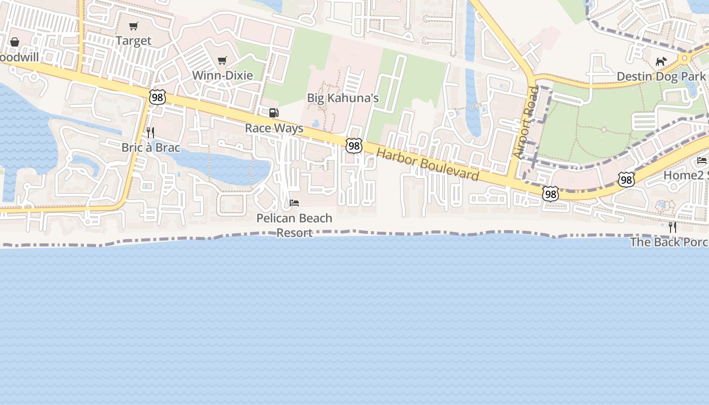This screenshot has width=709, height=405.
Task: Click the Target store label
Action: click(x=134, y=40)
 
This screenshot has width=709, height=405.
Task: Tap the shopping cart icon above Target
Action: click(x=134, y=26)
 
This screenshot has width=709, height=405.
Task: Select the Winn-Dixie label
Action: click(x=222, y=75)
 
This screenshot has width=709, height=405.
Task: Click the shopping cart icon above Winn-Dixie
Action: click(x=222, y=61)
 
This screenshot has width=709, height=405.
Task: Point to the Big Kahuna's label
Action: click(x=343, y=98)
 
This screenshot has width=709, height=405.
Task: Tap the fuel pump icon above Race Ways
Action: click(x=273, y=113)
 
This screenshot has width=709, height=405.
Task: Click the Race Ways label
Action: click(x=274, y=128)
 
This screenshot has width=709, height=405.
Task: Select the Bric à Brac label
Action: click(x=150, y=148)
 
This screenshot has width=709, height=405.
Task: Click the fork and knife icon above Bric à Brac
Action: click(x=150, y=133)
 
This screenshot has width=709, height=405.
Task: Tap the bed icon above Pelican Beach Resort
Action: click(x=294, y=203)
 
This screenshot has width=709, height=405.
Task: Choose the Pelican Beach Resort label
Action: click(x=294, y=225)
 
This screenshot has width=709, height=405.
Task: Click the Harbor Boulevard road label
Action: click(x=427, y=165)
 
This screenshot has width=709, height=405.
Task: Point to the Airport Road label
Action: click(x=526, y=123)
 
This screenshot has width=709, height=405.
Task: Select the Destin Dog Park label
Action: click(x=660, y=76)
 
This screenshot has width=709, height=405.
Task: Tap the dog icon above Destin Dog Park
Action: click(x=660, y=62)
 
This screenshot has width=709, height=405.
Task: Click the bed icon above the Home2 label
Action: click(x=701, y=160)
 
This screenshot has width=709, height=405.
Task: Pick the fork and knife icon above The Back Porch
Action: click(x=672, y=227)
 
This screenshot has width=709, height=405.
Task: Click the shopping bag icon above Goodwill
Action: click(x=15, y=42)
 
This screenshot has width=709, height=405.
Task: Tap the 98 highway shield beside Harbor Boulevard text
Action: click(x=354, y=146)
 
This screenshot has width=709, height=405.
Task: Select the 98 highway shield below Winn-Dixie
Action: click(x=157, y=97)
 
